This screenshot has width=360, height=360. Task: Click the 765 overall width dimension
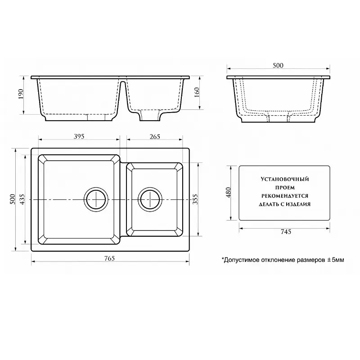point(109,258)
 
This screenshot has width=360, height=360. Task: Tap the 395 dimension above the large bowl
point(79,136)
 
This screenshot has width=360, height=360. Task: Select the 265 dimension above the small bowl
point(155,137)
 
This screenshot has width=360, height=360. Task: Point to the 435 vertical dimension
point(22,199)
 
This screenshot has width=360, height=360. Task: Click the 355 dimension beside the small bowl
point(195,199)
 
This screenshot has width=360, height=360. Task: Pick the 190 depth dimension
point(21,94)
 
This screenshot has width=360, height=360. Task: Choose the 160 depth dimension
point(197,92)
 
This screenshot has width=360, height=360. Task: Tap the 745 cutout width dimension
point(286,232)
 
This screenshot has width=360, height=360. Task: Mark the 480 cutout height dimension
point(229,193)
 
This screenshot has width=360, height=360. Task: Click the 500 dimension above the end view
point(278,65)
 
